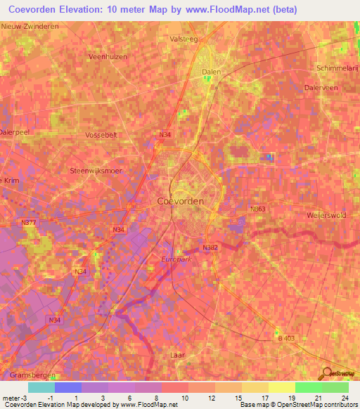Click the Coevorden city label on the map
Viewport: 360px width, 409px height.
(176, 201)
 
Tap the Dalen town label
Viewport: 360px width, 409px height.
(212, 72)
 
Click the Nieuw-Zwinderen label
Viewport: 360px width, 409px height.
(30, 26)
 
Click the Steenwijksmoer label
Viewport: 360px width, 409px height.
(96, 171)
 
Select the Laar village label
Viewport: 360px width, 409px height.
(177, 356)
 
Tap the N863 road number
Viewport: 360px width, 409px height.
(259, 209)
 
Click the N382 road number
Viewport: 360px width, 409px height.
(210, 248)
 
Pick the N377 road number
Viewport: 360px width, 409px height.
(29, 223)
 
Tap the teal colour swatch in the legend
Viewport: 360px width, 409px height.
(41, 387)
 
